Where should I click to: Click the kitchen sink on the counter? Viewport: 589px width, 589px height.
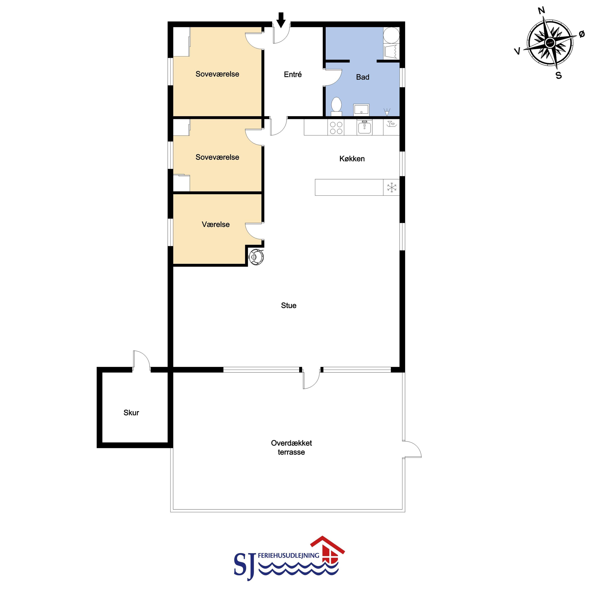click(x=364, y=127)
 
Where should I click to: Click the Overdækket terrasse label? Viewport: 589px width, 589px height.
click(x=291, y=447)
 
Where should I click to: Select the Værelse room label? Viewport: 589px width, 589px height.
click(x=216, y=224)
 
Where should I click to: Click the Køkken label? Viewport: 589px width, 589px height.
click(x=352, y=159)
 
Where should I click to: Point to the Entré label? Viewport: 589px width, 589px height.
click(x=293, y=74)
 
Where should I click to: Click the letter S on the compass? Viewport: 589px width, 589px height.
click(x=558, y=75)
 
